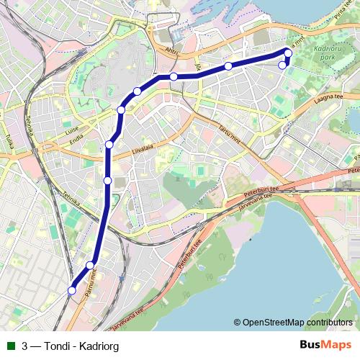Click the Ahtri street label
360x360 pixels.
[x=171, y=51]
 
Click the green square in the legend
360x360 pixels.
[x=9, y=346]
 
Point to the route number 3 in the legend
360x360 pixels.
[x=25, y=346]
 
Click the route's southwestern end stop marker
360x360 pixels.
[x=71, y=290]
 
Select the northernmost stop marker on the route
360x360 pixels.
[x=288, y=53]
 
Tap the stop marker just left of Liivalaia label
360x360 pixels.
[x=109, y=144]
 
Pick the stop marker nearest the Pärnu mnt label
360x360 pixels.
[x=90, y=266]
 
